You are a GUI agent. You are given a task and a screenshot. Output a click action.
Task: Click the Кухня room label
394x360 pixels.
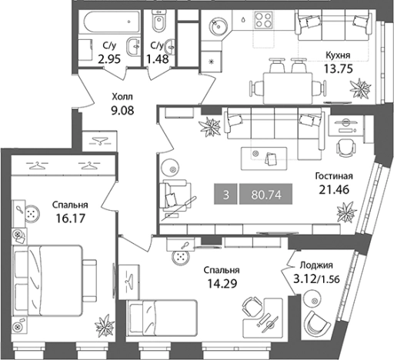coord(338,55)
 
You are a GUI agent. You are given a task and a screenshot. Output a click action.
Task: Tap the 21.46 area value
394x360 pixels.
coord(334,190)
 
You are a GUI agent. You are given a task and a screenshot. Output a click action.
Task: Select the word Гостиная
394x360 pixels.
coord(334,176)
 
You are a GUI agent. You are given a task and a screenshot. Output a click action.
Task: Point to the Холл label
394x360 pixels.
coord(122,97)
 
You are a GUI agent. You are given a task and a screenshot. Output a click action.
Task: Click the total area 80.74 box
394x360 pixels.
coord(265,194)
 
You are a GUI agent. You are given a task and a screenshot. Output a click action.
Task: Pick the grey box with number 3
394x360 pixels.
coord(225,194)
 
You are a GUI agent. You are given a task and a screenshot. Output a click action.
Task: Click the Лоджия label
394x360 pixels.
coord(316,265)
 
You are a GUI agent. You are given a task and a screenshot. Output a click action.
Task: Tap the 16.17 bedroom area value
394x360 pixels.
coord(70,218)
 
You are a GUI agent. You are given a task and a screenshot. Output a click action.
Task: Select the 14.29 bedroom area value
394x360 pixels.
coord(222,284)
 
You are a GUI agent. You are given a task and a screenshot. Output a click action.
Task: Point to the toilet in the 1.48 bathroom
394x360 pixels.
coord(159,21)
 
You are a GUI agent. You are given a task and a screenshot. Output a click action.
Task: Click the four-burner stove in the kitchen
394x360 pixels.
coord(263,20)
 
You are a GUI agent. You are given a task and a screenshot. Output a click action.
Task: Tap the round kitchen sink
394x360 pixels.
coord(218,25)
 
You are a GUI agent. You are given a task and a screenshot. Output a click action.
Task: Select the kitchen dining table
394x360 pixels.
coord(288,88)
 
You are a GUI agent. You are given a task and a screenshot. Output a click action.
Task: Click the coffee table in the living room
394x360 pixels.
coord(264,158)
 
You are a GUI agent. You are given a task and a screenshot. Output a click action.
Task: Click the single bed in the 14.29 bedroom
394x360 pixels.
coord(162,317)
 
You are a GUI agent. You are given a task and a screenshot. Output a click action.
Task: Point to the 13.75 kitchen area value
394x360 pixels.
coord(339,68)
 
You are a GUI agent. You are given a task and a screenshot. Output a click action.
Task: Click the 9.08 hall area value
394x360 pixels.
coord(122,111)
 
